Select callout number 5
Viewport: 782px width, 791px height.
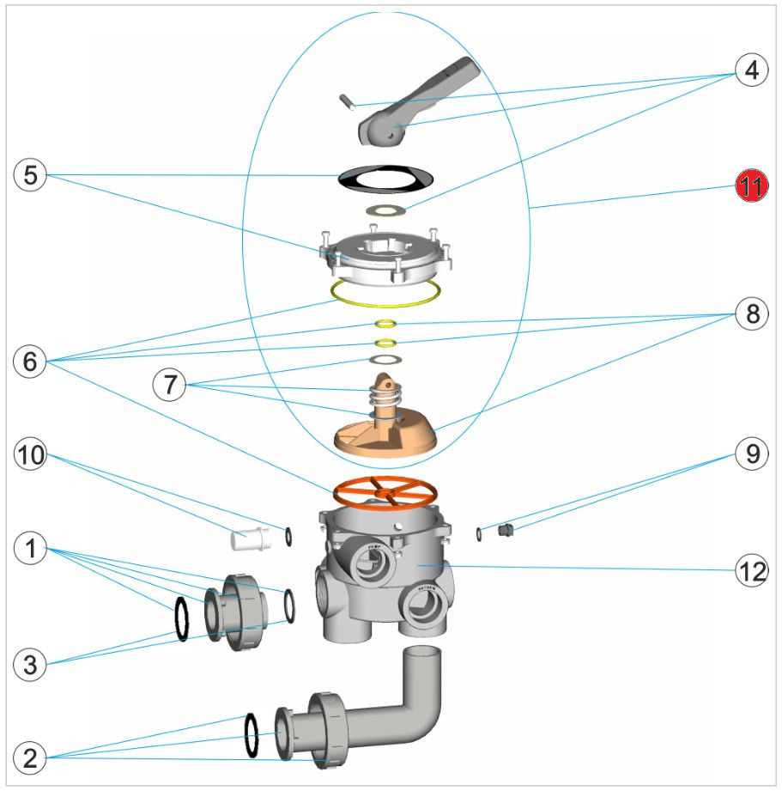(x=30, y=176)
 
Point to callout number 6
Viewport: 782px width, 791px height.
(x=30, y=362)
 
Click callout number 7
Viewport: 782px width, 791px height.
(x=168, y=384)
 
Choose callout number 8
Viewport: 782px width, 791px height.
(x=752, y=313)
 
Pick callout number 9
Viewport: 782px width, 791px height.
(x=752, y=453)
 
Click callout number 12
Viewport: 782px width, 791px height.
(x=752, y=569)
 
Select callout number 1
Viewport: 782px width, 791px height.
(x=30, y=547)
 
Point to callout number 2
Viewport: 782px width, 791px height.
(x=30, y=758)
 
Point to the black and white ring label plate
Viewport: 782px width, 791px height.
(x=385, y=178)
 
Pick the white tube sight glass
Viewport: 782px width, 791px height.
(x=250, y=539)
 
